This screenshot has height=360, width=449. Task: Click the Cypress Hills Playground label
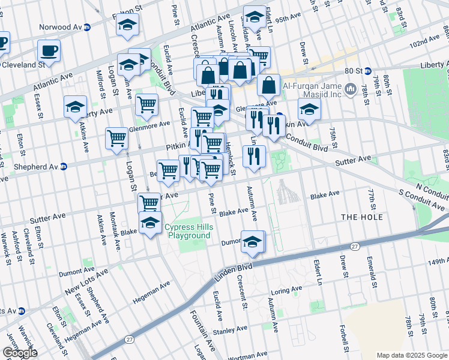[188, 231]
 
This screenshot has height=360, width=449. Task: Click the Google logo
[19, 353]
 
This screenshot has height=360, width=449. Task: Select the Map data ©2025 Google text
[411, 355]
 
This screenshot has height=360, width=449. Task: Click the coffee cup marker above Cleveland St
[49, 50]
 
